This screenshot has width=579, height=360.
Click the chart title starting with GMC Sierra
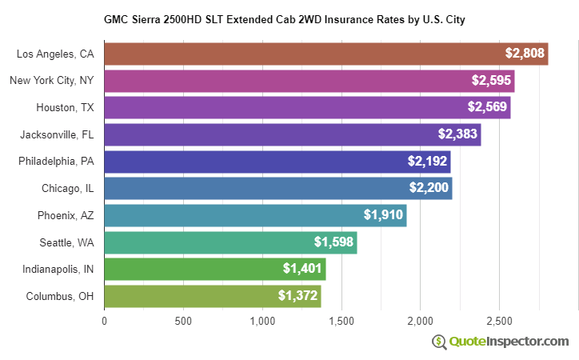pos(284,18)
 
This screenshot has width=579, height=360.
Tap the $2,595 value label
pos(490,81)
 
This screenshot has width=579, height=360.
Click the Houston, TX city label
pos(65,107)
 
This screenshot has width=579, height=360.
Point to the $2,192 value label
pos(428,161)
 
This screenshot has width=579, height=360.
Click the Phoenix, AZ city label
pos(66,215)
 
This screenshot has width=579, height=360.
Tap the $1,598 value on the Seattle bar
pos(334,242)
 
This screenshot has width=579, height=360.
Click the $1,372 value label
pos(298,296)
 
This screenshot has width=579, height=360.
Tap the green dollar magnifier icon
pos(439,342)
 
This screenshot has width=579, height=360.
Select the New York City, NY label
pos(52,81)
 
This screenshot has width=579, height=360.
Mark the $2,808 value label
pos(525,54)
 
